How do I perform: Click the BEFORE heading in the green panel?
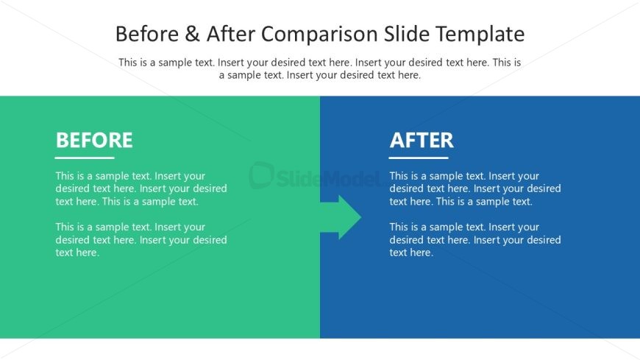click(x=94, y=140)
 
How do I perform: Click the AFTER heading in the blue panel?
click(x=422, y=140)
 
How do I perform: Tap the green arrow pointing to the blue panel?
click(x=341, y=217)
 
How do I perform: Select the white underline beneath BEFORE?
click(x=85, y=158)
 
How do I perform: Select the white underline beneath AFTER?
click(x=419, y=158)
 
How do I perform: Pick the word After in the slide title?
click(x=227, y=35)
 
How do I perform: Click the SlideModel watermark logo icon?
click(x=261, y=175)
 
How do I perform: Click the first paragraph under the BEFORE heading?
click(x=141, y=188)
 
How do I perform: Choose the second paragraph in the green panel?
click(x=141, y=240)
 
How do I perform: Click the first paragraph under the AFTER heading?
click(x=475, y=188)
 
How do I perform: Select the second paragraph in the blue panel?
click(x=475, y=240)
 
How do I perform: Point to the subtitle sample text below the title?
click(x=320, y=68)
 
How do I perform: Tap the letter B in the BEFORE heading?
click(x=62, y=140)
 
